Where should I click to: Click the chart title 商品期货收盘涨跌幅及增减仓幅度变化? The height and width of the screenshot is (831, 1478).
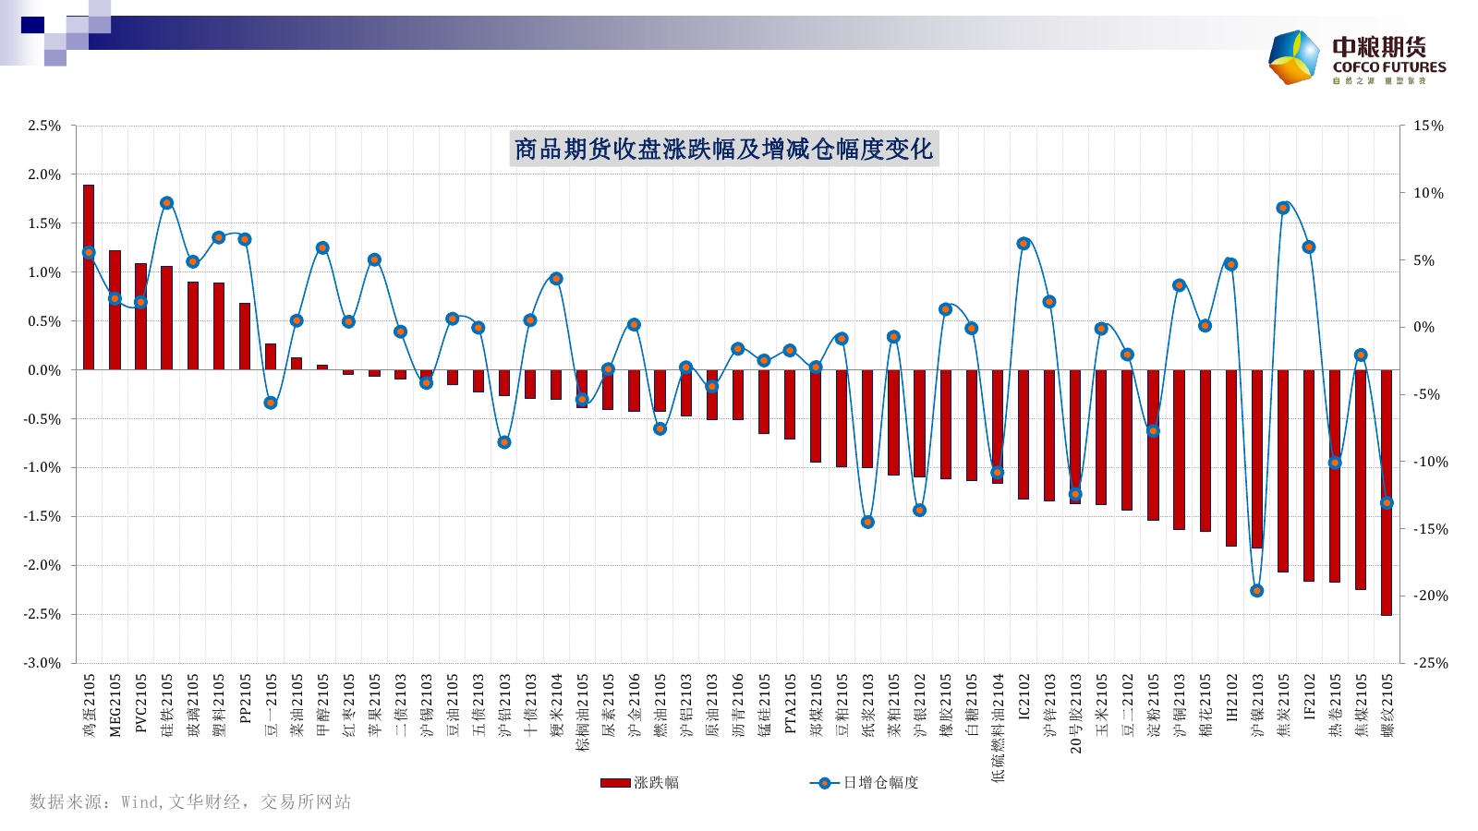pos(723,149)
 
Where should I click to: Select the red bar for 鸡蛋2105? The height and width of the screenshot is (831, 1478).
pos(89,277)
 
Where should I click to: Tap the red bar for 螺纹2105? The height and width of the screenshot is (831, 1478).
pos(1387,492)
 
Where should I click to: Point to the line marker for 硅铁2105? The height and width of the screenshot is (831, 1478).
pos(166,203)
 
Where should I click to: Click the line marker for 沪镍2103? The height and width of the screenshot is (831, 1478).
pos(1256,591)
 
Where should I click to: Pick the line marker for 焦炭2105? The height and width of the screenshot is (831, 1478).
pos(1282,209)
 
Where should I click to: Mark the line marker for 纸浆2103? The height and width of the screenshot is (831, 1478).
pos(867,523)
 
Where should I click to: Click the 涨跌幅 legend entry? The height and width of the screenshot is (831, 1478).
pos(640,783)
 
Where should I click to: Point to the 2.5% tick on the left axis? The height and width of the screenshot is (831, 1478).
pos(43,126)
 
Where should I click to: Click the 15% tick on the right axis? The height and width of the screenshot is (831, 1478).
pos(1428,126)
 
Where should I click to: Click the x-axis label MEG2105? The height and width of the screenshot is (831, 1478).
pos(115,705)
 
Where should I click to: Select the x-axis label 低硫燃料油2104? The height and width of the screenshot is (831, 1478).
pos(998,729)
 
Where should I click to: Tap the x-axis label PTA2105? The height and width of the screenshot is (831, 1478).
pos(790,704)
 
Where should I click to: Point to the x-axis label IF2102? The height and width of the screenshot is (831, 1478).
pos(1309,697)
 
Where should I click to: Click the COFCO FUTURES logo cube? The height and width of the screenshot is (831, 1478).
pos(1294,57)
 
